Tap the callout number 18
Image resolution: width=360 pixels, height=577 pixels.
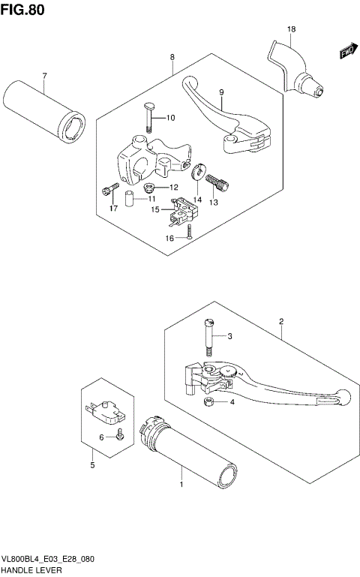(x=292, y=29)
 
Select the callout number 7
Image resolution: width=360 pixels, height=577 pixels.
(x=44, y=77)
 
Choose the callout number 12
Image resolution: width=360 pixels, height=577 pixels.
(x=173, y=188)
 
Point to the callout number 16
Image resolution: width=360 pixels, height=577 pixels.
(x=169, y=238)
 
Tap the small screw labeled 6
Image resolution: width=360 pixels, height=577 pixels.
(x=118, y=435)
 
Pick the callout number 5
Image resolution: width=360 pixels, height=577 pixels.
(x=92, y=466)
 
